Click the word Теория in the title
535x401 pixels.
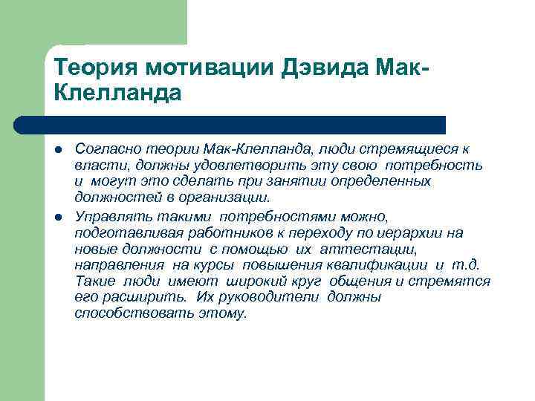pyautogui.click(x=96, y=70)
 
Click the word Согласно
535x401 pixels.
pyautogui.click(x=104, y=149)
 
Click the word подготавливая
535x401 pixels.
pyautogui.click(x=119, y=233)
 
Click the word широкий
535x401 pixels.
pyautogui.click(x=239, y=281)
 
